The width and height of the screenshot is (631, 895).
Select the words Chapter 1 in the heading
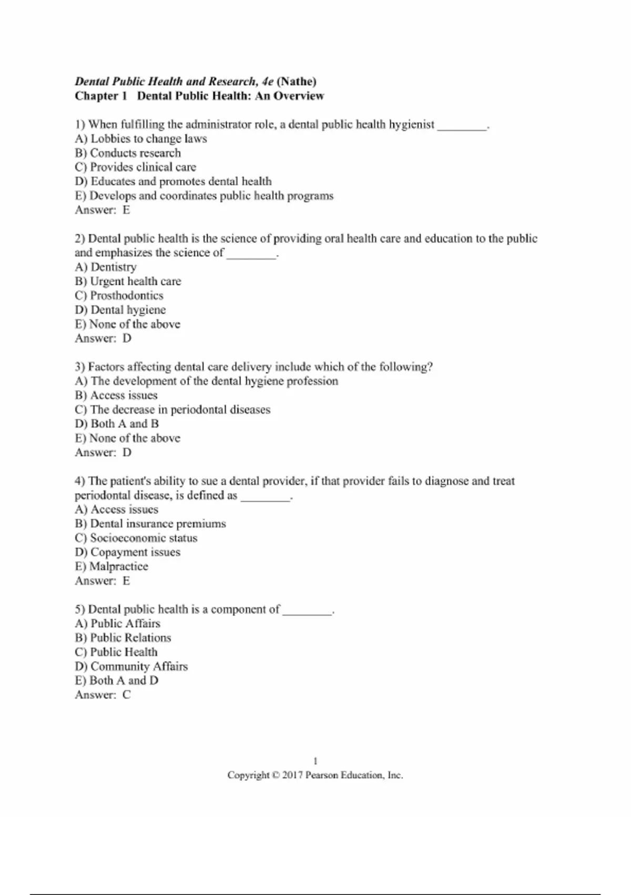[x=101, y=96]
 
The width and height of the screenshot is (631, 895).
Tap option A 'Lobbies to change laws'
[x=141, y=139]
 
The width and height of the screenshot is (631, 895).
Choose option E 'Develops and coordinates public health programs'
[x=204, y=196]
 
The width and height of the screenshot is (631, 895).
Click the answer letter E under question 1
[x=126, y=210]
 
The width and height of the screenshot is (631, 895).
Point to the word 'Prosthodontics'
[x=127, y=296]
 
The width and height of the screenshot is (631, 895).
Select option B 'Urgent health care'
[x=128, y=282]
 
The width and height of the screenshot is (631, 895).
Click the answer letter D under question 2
[x=127, y=339]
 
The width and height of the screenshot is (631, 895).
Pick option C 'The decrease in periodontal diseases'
[x=172, y=410]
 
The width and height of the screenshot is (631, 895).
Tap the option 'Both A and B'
[x=117, y=424]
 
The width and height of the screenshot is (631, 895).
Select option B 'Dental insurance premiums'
[x=150, y=524]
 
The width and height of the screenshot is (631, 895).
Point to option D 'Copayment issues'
[x=128, y=552]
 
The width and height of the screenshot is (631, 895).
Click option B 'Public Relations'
[x=123, y=638]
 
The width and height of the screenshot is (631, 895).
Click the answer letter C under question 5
[x=127, y=695]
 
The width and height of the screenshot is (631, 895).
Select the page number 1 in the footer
[x=315, y=761]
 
